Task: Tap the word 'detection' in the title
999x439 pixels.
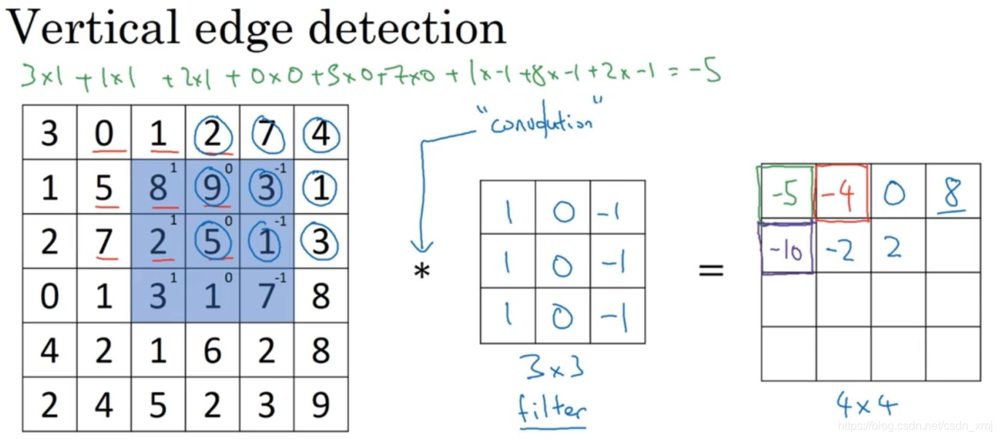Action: [x=407, y=29]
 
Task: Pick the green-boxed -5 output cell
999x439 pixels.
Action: [x=787, y=193]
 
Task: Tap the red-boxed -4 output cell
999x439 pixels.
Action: [x=842, y=193]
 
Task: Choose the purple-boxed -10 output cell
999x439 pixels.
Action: [x=787, y=248]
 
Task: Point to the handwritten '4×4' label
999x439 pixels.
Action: [x=866, y=403]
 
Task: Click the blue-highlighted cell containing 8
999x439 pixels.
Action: [x=157, y=188]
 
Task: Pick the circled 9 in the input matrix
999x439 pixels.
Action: [x=212, y=188]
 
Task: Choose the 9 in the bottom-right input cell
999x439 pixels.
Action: [x=321, y=405]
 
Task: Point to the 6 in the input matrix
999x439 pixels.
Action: [x=212, y=351]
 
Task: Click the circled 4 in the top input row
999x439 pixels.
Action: [x=321, y=134]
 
